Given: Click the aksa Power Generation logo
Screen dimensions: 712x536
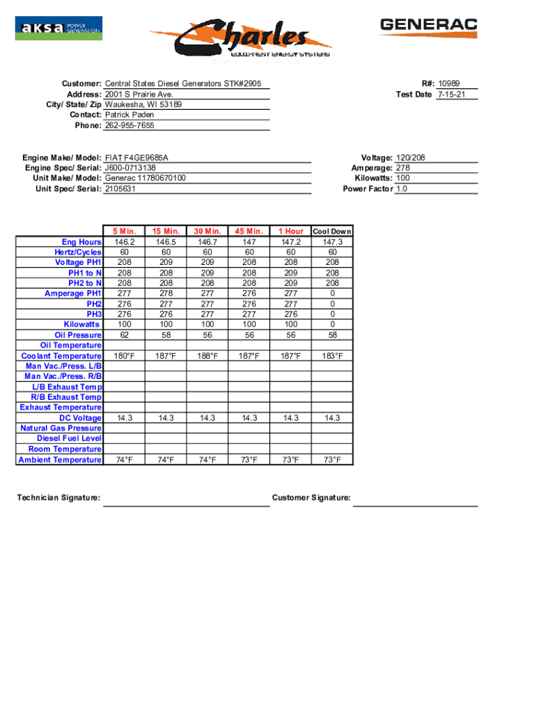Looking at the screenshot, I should click(58, 29).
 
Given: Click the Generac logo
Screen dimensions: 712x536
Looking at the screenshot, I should click(428, 27).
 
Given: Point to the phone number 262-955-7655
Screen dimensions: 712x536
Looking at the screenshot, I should click(129, 126).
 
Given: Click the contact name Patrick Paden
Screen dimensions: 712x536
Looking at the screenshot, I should click(129, 115).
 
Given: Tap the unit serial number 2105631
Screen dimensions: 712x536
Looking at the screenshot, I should click(120, 189).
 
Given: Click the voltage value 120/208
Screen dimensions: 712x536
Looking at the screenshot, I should click(411, 158).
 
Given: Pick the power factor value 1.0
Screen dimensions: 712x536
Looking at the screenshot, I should click(402, 189).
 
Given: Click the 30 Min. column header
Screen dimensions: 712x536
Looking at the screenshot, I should click(207, 232).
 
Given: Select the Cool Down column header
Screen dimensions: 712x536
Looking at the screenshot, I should click(332, 232).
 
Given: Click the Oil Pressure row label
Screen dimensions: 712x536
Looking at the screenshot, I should click(78, 335).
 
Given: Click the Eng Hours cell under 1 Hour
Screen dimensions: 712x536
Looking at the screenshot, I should click(291, 242).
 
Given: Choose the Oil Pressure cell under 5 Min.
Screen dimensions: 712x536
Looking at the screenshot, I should click(124, 335).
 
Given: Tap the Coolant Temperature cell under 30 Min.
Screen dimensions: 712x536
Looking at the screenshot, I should click(207, 356).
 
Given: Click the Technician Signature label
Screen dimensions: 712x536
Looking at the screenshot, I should click(58, 498).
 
